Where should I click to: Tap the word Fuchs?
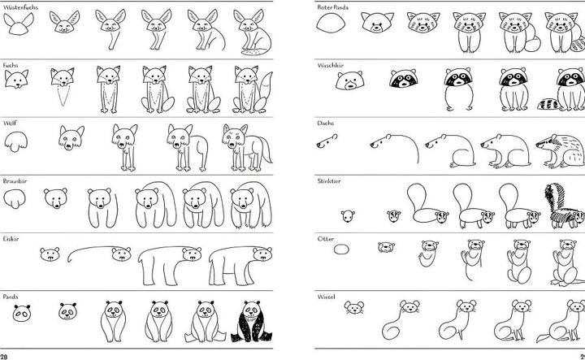[x=10, y=64]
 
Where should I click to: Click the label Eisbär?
[x=11, y=239]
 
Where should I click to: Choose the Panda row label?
[x=11, y=297]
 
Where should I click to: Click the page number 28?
[x=5, y=355]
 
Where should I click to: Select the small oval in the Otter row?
[x=341, y=248]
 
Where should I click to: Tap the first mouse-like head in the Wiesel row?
[x=353, y=308]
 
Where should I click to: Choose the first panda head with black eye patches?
[x=22, y=311]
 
